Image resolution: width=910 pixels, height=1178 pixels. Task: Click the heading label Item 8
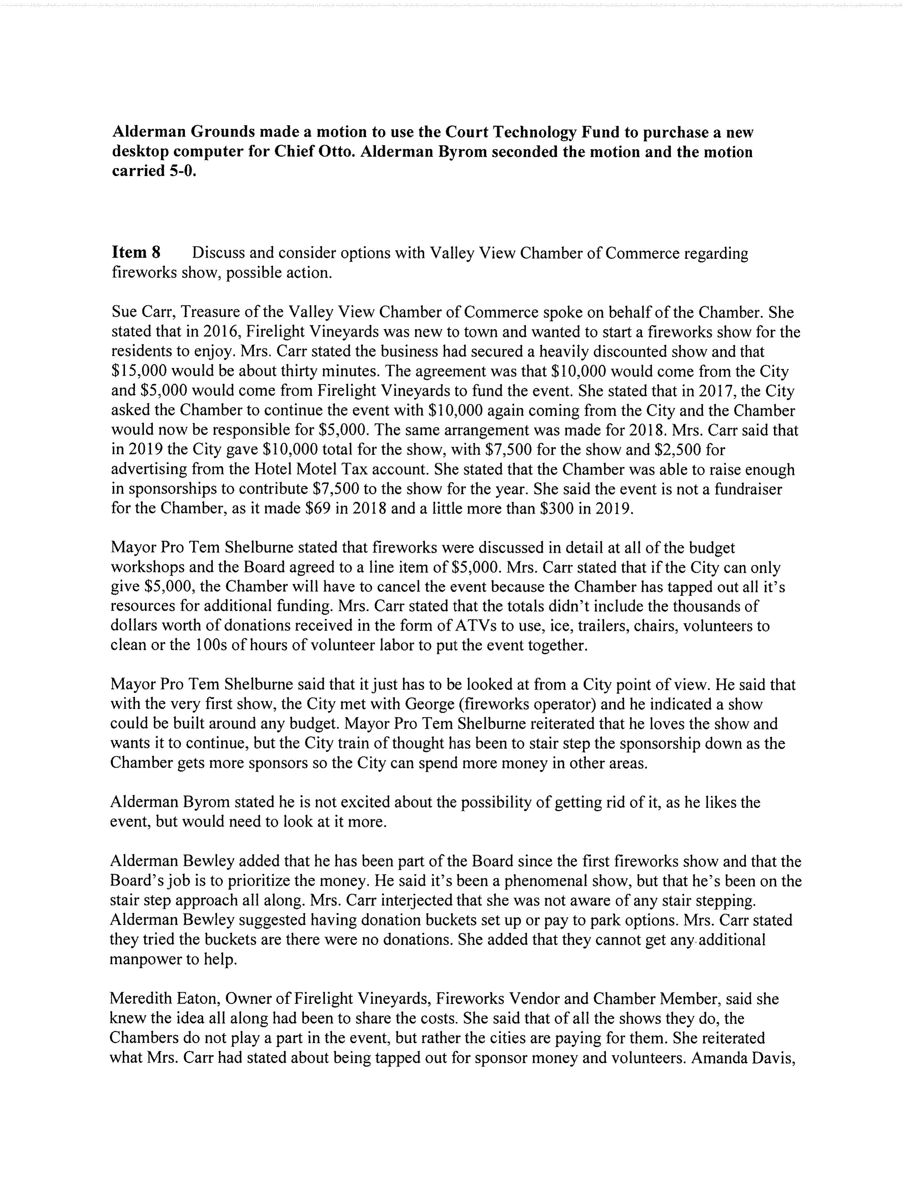coord(136,252)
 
